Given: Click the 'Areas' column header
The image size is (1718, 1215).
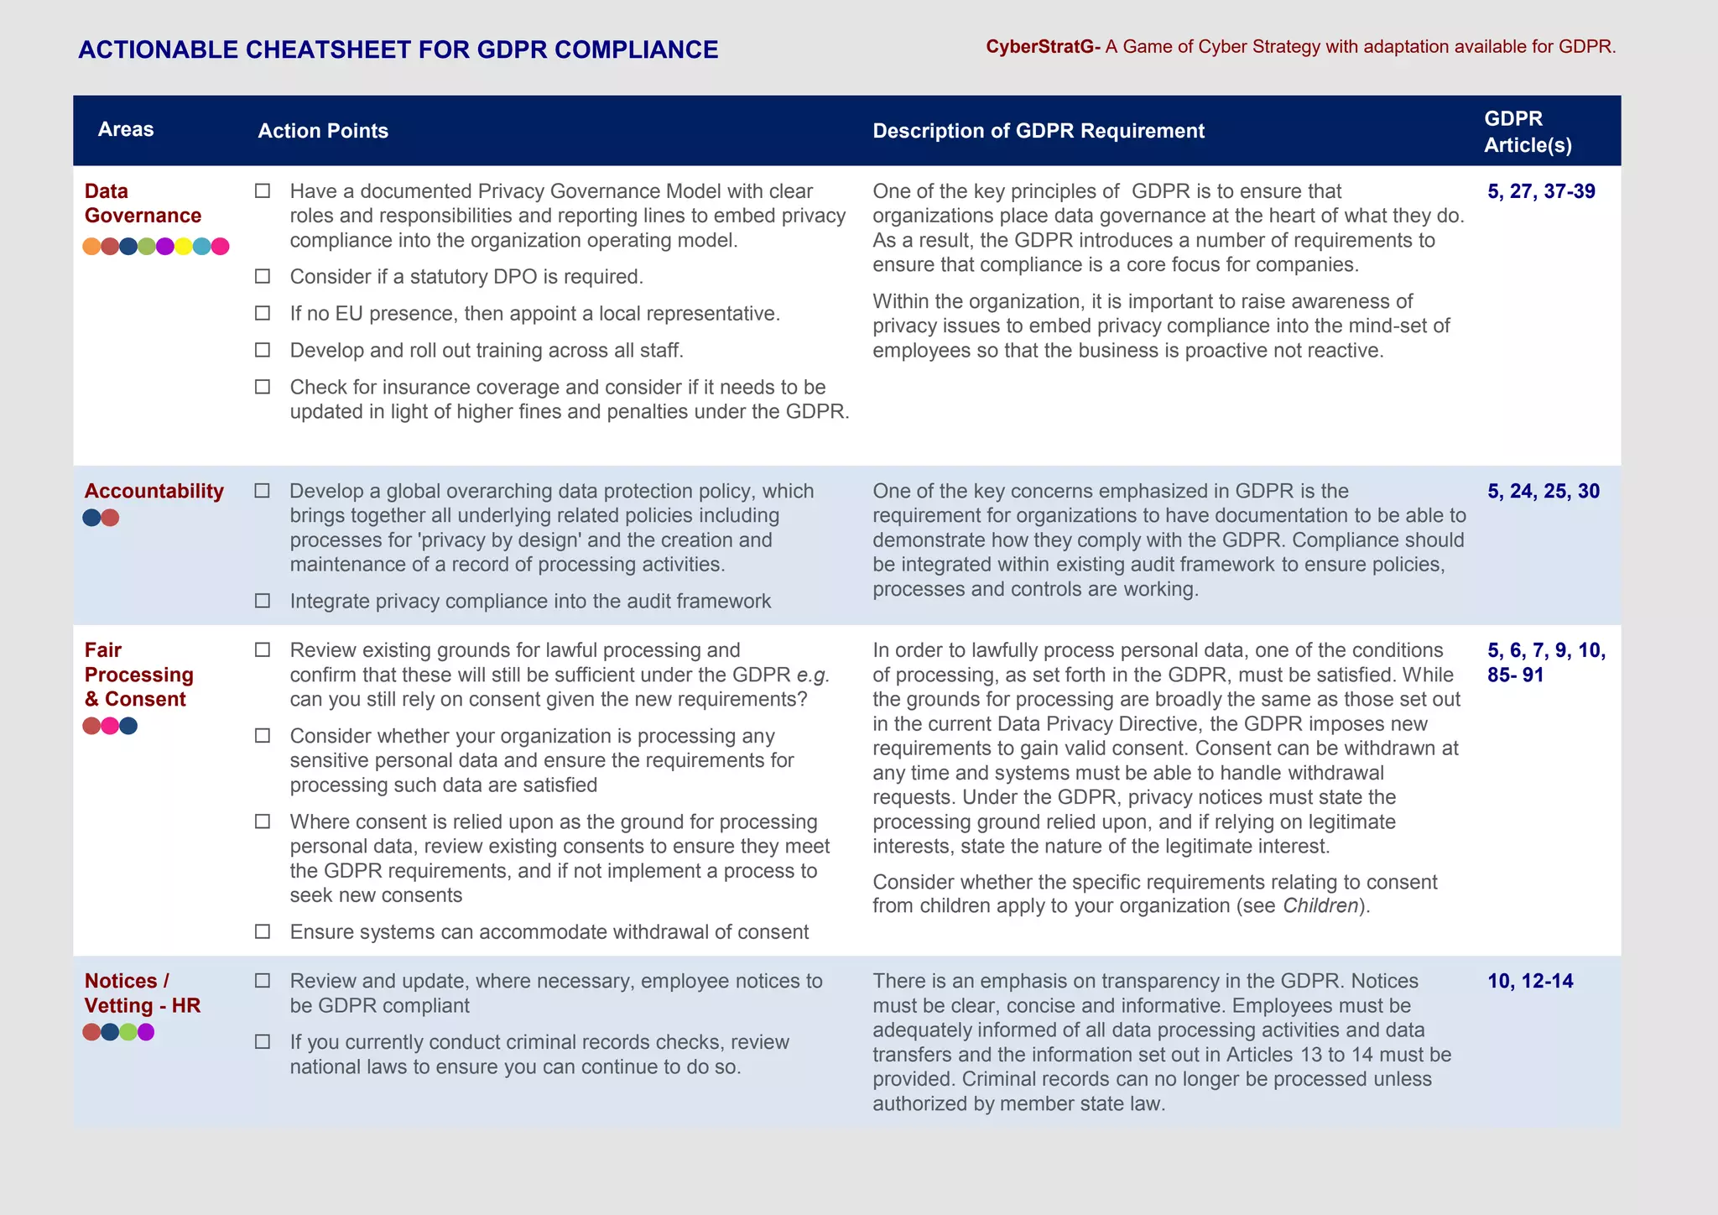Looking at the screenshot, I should click(x=126, y=129).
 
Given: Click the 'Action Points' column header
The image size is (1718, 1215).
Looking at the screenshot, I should click(x=323, y=131).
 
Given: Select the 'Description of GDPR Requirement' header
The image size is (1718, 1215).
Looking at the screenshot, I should click(x=1038, y=131).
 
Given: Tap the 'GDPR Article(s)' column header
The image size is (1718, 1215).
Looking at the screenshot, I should click(x=1527, y=132).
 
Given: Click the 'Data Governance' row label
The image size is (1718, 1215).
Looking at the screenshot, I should click(x=143, y=203).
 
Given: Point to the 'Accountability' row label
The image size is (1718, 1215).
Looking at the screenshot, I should click(x=154, y=491).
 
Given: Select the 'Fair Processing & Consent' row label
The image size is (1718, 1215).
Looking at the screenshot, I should click(x=138, y=675).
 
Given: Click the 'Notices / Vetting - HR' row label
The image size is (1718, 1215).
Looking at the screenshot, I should click(x=142, y=993).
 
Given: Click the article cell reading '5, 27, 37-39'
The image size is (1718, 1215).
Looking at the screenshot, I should click(x=1541, y=191).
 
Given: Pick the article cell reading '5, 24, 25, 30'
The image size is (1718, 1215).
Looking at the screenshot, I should click(x=1544, y=491).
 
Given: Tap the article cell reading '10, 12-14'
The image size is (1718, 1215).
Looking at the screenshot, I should click(x=1530, y=981).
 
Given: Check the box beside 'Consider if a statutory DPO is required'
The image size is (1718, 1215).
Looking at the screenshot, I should click(x=263, y=276).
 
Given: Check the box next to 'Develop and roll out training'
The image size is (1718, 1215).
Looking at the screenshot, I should click(x=263, y=350).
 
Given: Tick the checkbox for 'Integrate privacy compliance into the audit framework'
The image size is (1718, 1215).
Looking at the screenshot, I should click(x=263, y=601).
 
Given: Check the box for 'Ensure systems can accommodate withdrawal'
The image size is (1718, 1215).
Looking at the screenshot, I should click(x=263, y=931).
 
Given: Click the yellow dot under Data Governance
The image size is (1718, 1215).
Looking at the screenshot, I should click(x=183, y=246).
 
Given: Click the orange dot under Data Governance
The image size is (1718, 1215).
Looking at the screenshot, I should click(x=91, y=246).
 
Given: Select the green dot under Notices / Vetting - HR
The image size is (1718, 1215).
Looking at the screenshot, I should click(x=128, y=1032).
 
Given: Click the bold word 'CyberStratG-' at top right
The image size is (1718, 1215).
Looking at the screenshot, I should click(x=1043, y=47).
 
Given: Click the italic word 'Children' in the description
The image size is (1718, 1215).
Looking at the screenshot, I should click(x=1320, y=906).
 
